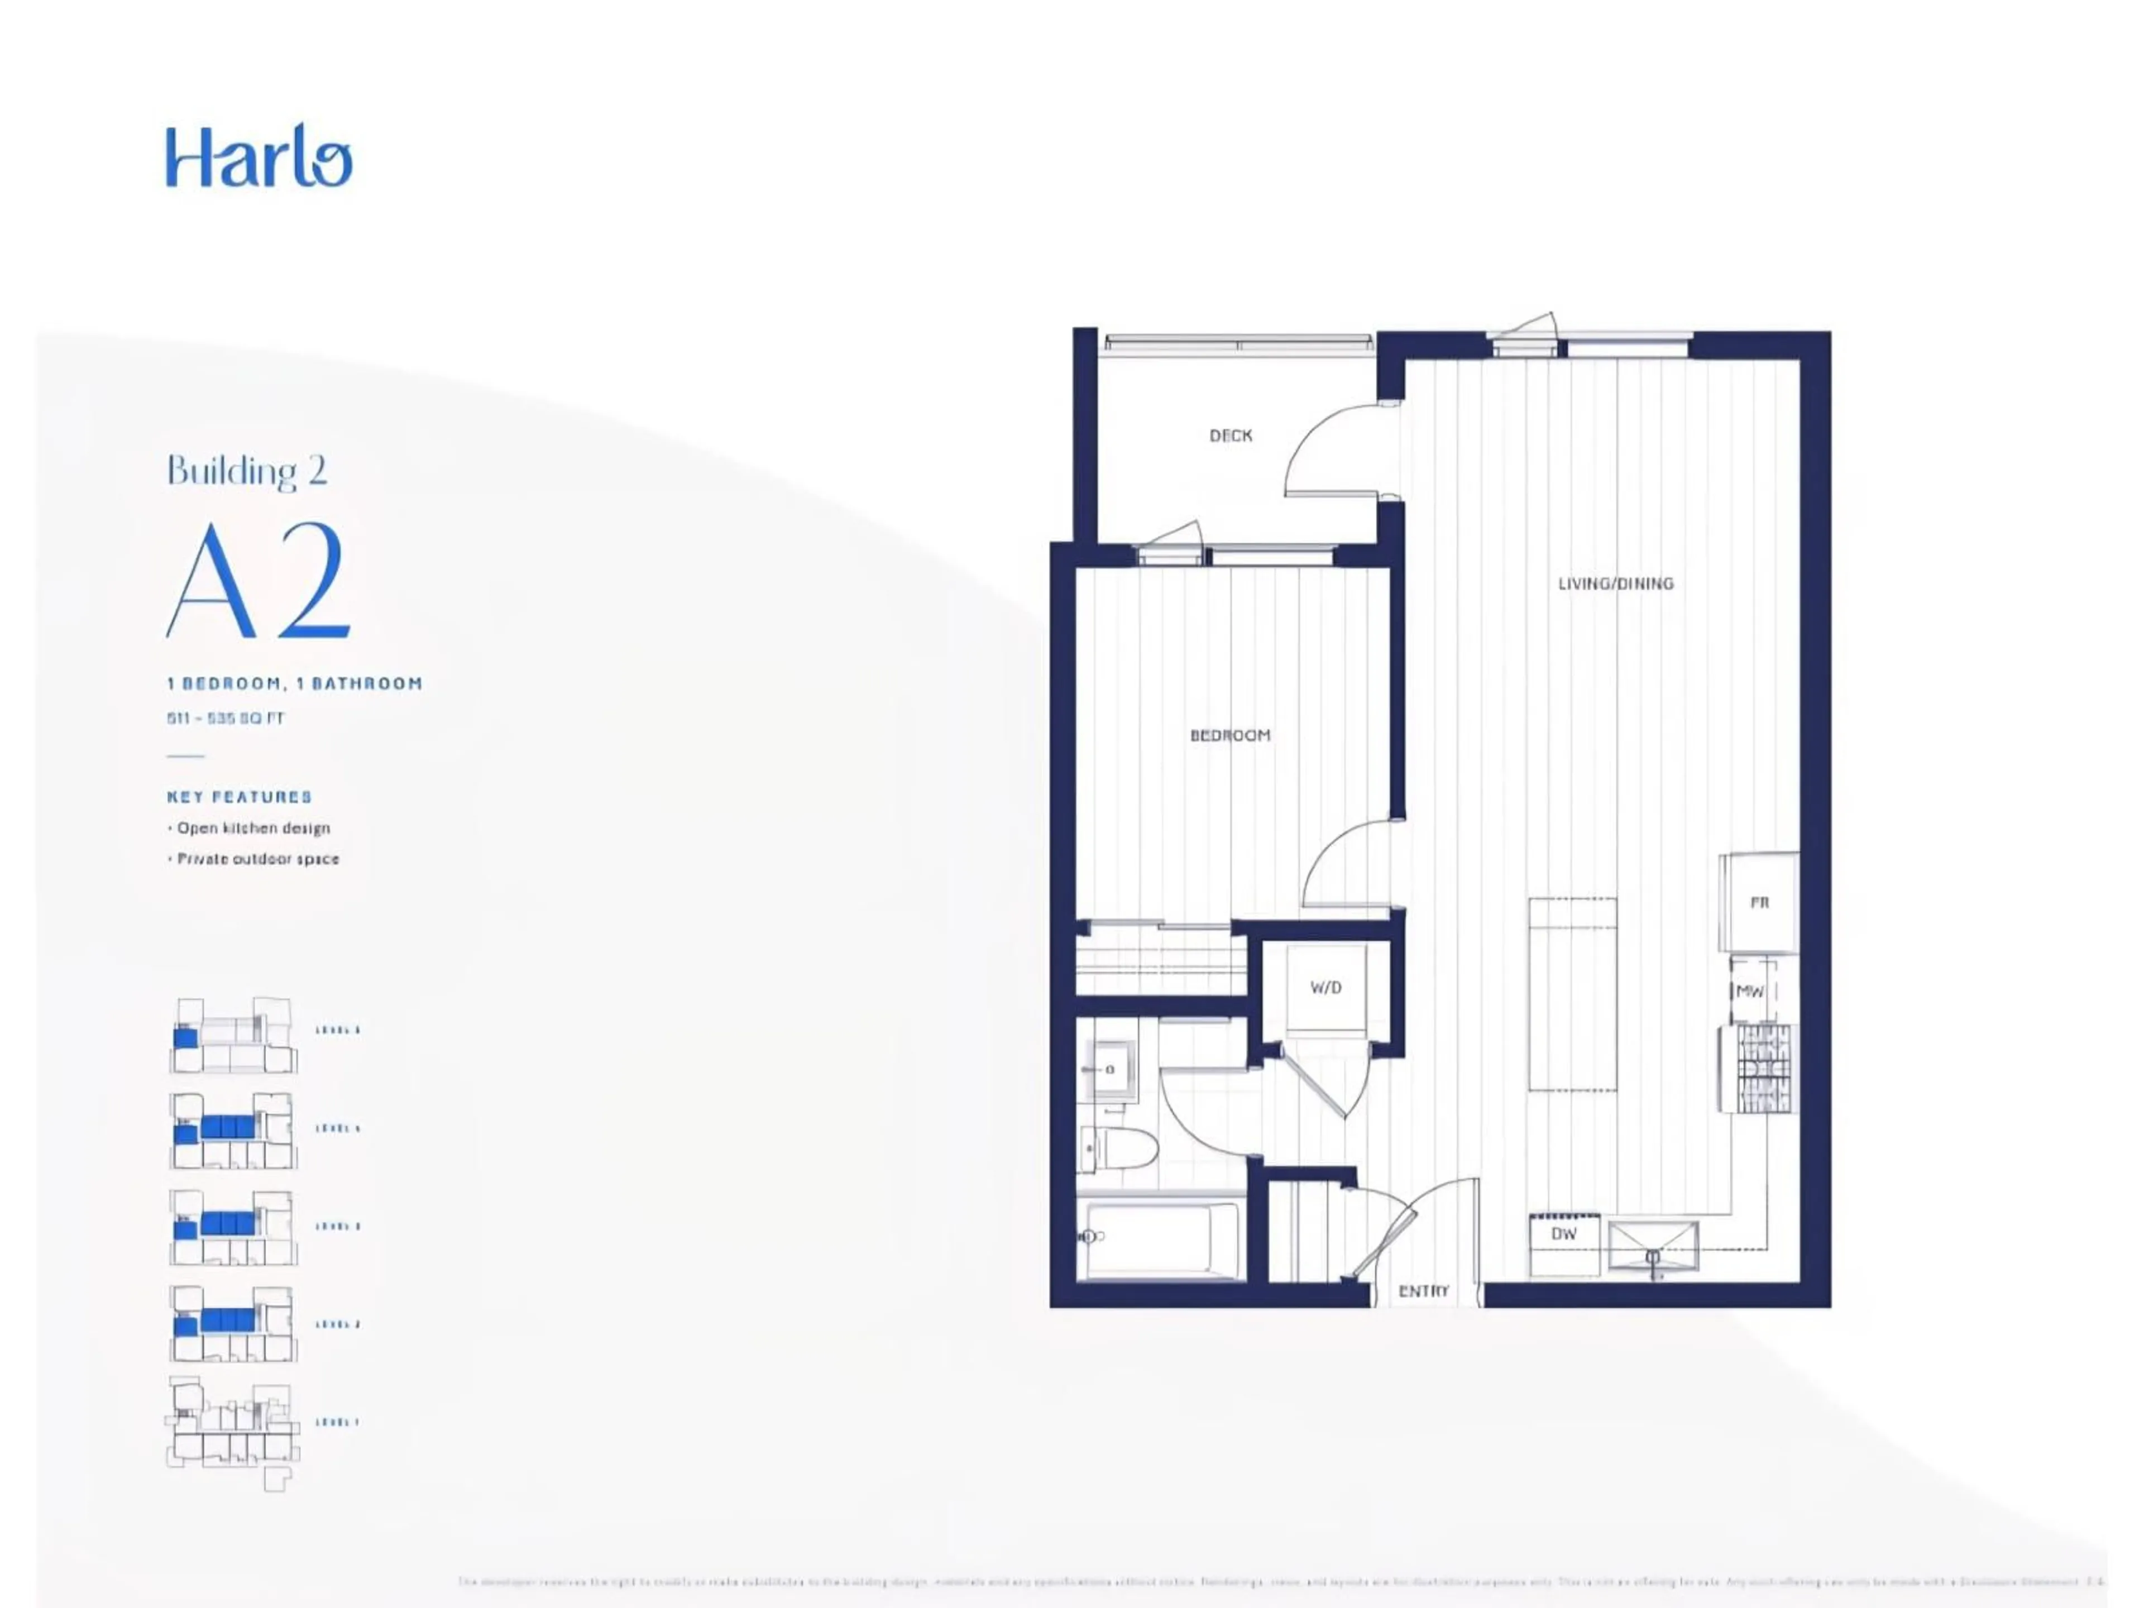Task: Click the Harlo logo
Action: point(259,156)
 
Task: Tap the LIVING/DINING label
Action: point(1615,583)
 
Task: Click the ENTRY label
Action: point(1423,1291)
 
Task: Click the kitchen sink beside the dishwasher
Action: point(1653,1246)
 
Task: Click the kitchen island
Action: point(1572,994)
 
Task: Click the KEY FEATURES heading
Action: point(240,797)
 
